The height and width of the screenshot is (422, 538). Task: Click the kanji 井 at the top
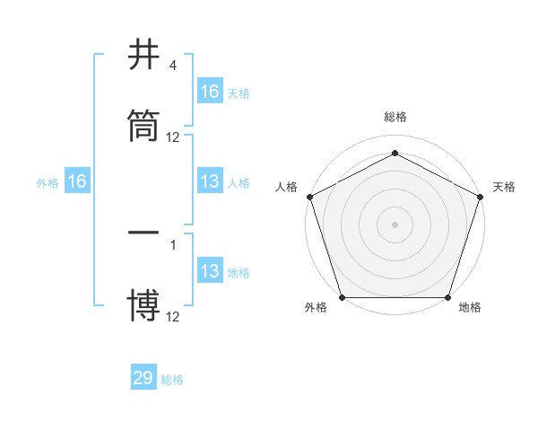click(x=143, y=56)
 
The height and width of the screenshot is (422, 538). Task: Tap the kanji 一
click(x=143, y=234)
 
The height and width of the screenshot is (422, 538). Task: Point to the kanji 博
click(x=143, y=304)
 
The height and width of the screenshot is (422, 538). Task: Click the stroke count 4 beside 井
click(x=172, y=66)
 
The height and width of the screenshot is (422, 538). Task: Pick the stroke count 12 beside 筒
click(x=173, y=137)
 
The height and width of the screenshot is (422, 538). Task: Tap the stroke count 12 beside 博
click(x=173, y=316)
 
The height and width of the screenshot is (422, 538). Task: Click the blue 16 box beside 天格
click(x=210, y=92)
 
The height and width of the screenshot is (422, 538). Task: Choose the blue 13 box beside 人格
click(x=210, y=181)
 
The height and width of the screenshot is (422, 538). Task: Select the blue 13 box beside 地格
click(x=210, y=271)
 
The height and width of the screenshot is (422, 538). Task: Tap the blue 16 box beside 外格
click(x=77, y=181)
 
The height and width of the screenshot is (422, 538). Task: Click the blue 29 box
click(x=143, y=378)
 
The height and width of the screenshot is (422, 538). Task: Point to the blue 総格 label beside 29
click(x=172, y=380)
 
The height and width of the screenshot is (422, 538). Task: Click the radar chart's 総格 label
click(x=395, y=118)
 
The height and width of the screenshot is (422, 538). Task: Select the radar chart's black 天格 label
click(x=504, y=187)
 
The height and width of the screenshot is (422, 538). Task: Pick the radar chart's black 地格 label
click(x=470, y=308)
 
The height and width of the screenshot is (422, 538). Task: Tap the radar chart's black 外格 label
click(x=316, y=308)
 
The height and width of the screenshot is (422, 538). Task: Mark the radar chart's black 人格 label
click(x=286, y=187)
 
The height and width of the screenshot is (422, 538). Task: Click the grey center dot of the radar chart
click(x=395, y=224)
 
